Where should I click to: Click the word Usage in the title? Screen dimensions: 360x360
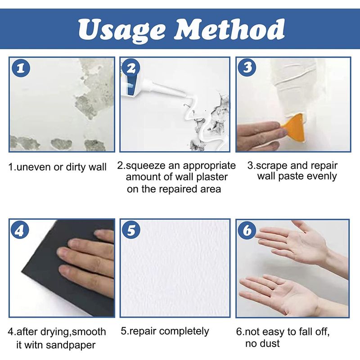coord(121,30)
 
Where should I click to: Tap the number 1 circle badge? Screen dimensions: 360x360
coord(21,68)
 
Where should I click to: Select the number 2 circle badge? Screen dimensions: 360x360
coord(131,68)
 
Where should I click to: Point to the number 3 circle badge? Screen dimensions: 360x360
coord(247,67)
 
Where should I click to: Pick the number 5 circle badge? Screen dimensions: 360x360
coord(131,230)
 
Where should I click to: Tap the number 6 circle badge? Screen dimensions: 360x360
coord(247,230)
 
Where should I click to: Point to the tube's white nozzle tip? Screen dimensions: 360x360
coord(185,94)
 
